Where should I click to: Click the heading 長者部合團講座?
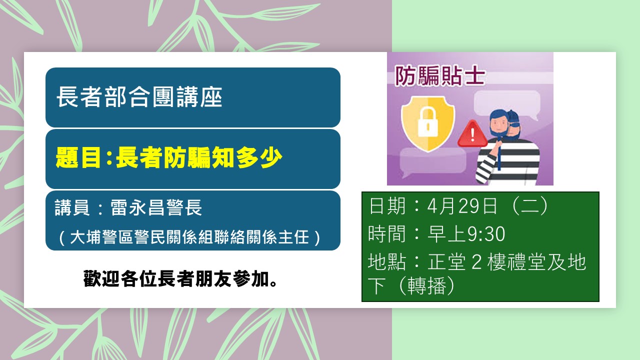click(139, 97)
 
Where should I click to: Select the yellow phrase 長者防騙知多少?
click(199, 157)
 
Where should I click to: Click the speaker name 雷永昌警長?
click(156, 207)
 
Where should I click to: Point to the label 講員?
click(72, 207)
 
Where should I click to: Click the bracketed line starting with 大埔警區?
click(189, 237)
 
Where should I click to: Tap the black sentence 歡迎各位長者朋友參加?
click(180, 278)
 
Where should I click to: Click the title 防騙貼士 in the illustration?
click(440, 75)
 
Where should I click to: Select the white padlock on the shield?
click(427, 122)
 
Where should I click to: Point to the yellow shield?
click(427, 123)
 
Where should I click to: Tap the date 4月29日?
click(462, 205)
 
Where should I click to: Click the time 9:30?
click(486, 234)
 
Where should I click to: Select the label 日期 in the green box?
click(387, 205)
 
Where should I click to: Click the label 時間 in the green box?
click(387, 234)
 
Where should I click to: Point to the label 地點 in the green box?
click(387, 261)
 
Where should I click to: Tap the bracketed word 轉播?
click(427, 285)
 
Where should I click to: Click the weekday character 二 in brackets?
click(530, 206)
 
